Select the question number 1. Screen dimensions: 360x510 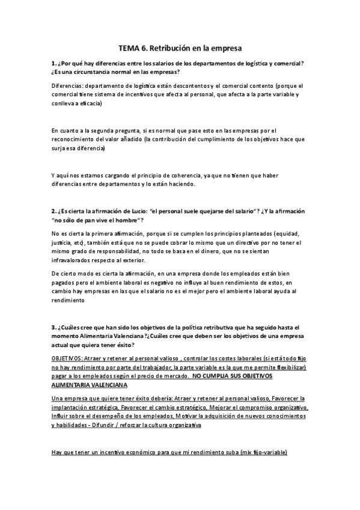pyautogui.click(x=53, y=63)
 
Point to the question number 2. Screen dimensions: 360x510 pyautogui.click(x=53, y=212)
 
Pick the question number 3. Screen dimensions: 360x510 pyautogui.click(x=53, y=327)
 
